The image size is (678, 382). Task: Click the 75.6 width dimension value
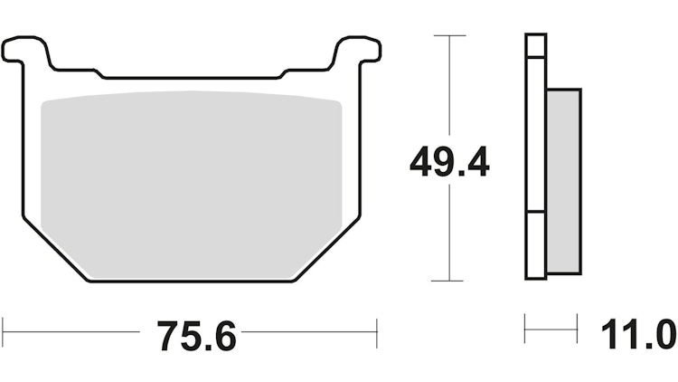tap(196, 336)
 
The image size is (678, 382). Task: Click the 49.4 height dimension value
tap(449, 164)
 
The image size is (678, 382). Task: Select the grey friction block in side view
tap(563, 181)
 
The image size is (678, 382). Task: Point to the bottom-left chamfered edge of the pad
tap(54, 250)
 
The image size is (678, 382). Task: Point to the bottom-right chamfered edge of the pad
tap(327, 250)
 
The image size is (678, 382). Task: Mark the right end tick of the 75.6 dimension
tap(377, 331)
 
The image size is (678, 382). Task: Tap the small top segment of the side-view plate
tap(536, 45)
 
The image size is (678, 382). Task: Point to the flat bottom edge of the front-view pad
tap(192, 282)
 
